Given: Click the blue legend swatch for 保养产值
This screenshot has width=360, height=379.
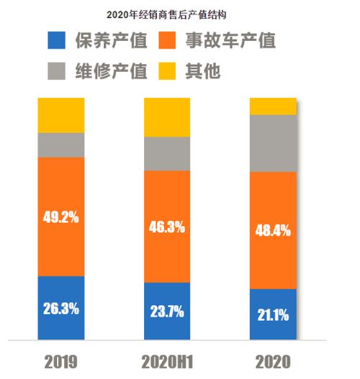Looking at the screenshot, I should (x=56, y=41).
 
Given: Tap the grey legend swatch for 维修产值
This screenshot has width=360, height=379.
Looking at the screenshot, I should (x=56, y=71).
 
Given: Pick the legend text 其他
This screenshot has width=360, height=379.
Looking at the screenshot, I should (x=204, y=71).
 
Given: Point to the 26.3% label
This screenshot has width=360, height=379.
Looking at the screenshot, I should (x=61, y=310).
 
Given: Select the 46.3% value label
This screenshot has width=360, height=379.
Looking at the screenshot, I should (x=167, y=227).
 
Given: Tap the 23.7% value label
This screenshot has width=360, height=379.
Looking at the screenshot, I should (x=167, y=312).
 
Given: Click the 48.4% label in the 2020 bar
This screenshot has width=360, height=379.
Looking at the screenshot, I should (x=273, y=231).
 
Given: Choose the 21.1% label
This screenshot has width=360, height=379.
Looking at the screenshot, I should (x=273, y=314).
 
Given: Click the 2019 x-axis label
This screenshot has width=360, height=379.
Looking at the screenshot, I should (x=61, y=360).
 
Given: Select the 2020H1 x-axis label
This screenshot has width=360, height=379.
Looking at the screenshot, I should (x=167, y=360).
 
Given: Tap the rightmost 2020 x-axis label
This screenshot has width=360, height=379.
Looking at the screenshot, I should (x=273, y=360).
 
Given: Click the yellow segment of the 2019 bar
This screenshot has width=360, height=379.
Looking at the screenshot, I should (x=61, y=115).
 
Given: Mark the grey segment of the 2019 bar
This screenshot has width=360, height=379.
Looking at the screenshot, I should (x=61, y=145).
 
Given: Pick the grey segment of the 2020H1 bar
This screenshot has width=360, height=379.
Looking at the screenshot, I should (x=167, y=153).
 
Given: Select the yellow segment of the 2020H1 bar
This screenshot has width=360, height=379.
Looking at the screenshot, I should (x=167, y=117).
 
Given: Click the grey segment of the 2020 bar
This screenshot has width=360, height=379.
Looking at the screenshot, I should (x=273, y=143).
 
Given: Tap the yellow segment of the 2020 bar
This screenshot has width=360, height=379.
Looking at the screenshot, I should (x=273, y=106).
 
